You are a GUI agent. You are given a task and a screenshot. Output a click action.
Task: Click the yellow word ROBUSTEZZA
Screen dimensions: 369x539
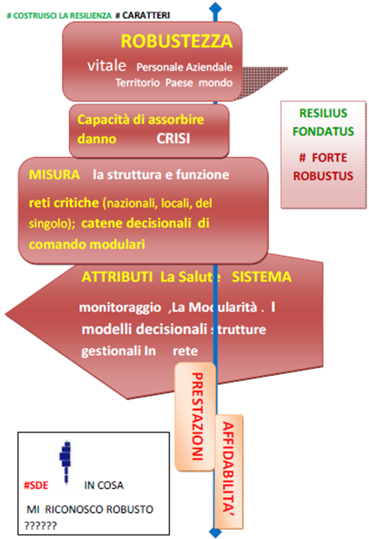177,41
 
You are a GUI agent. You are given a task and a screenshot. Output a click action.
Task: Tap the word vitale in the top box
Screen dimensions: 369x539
107,66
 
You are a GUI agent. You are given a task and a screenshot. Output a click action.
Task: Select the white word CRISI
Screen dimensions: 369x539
173,138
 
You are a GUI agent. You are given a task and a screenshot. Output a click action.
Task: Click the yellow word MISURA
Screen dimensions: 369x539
54,175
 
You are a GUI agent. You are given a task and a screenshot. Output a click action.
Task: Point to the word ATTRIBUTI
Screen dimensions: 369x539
117,277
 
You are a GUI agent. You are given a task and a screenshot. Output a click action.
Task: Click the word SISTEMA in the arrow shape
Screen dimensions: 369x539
261,277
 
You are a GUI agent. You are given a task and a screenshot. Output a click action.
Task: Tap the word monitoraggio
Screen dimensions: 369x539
120,307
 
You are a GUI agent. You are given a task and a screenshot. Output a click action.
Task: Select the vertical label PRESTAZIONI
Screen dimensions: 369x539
198,416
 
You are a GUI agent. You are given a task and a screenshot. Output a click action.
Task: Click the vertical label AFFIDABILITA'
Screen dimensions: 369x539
228,469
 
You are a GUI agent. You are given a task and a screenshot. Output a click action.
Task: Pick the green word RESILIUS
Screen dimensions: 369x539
324,113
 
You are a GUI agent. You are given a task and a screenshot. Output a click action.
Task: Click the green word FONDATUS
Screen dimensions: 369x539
324,131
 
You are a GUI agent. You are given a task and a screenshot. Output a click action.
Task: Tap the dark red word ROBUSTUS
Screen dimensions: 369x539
324,176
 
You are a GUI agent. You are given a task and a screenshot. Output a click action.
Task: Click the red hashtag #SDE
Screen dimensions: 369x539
36,485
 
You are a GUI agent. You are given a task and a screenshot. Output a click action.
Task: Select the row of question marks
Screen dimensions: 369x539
40,526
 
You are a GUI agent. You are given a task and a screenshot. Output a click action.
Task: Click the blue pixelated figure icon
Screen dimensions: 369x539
66,462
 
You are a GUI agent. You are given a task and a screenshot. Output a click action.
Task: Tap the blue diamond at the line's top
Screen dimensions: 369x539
215,7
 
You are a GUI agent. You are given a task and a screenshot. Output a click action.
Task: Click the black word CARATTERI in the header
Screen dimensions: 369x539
146,15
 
